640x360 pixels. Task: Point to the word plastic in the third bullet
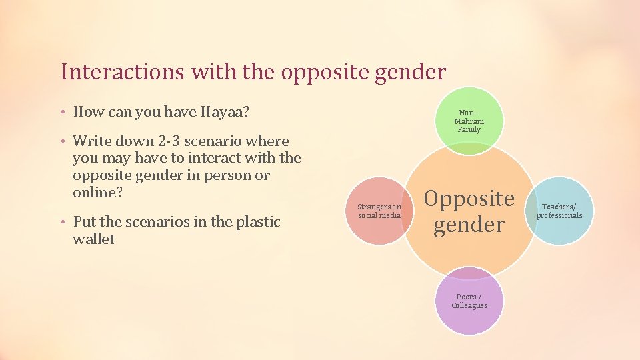[x=255, y=222]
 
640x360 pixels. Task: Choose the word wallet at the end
[x=93, y=239]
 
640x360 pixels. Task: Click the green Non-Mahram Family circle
[x=469, y=121]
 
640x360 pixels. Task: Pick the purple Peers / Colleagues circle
[x=469, y=301]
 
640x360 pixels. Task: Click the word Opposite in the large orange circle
[x=469, y=199]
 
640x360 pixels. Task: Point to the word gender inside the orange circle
[x=469, y=225]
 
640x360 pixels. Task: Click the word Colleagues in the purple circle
[x=469, y=305]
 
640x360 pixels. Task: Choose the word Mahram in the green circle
[x=469, y=121]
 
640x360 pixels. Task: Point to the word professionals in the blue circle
[x=559, y=215]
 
